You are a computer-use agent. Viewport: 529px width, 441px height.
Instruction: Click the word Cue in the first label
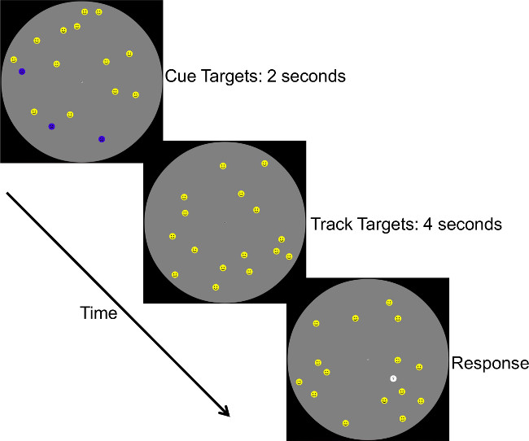coord(180,77)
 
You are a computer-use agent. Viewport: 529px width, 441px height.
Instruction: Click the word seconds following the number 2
coord(313,77)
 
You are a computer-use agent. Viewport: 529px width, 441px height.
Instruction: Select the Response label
coord(490,364)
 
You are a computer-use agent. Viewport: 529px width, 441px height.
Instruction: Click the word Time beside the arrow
coord(98,312)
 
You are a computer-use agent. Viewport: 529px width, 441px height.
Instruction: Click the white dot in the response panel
coord(393,378)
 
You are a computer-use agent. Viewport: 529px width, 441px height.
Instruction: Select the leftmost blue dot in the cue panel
coord(22,72)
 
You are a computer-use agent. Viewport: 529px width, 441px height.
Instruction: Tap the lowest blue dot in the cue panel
coord(102,139)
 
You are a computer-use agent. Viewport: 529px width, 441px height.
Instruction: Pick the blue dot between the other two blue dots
coord(51,126)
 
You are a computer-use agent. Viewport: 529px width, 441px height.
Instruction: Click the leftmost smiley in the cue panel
coord(14,59)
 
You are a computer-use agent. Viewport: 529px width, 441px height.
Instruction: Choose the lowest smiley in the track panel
coord(216,287)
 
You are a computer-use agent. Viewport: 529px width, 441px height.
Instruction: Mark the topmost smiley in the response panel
coord(389,303)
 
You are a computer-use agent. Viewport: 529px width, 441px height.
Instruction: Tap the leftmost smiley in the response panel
coord(299,382)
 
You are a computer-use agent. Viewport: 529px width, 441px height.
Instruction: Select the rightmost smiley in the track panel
coord(289,256)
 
